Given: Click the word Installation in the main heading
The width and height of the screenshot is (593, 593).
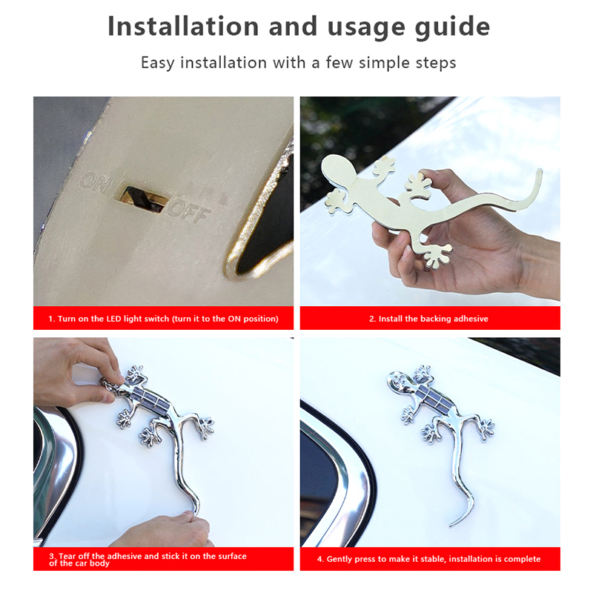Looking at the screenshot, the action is click(x=183, y=27).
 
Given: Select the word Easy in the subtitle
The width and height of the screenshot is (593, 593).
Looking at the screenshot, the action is click(x=157, y=63).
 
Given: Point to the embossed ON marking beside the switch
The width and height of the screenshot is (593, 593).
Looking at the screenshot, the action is click(x=95, y=181).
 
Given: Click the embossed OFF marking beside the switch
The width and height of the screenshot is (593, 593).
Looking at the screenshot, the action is click(x=188, y=211).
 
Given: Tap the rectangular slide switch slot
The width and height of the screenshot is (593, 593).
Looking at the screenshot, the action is click(x=144, y=199).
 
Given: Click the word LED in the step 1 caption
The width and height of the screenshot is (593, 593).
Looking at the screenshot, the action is click(x=113, y=319).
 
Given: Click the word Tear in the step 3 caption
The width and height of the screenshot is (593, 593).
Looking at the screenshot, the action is click(x=67, y=556).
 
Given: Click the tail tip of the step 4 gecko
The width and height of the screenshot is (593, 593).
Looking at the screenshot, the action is click(x=451, y=525).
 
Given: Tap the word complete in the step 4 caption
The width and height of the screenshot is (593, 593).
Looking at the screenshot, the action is click(x=523, y=559).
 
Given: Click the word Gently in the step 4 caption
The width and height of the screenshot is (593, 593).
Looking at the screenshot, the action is click(x=339, y=559).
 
